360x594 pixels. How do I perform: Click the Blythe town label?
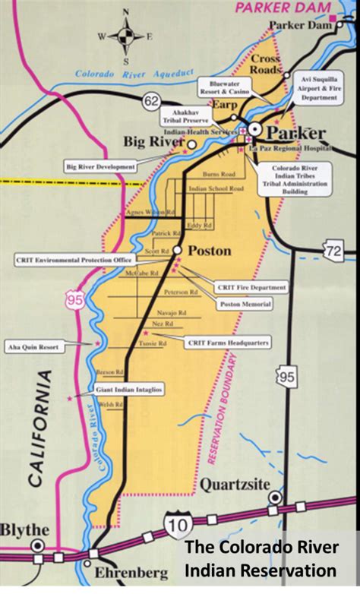tap(26, 529)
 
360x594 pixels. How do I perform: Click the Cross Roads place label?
tap(266, 65)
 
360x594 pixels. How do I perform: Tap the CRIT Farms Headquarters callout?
tap(228, 343)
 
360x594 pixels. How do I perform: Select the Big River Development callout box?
tap(100, 166)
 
